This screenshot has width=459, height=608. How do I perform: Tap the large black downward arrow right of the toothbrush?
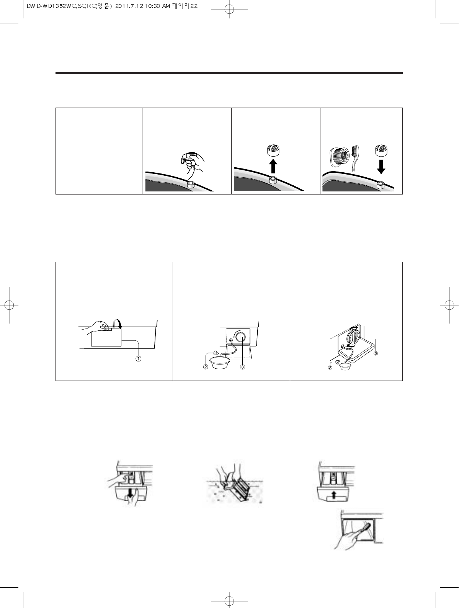click(x=381, y=166)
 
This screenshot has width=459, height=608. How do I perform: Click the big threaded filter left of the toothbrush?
click(x=340, y=157)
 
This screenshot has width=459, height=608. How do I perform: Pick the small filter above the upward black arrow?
click(x=273, y=150)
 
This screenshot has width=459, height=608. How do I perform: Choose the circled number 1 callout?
click(x=138, y=359)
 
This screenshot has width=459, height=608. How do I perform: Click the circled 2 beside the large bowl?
click(x=206, y=367)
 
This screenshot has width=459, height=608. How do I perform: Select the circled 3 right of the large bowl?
click(x=242, y=367)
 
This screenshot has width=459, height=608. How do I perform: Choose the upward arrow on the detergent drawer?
click(x=334, y=495)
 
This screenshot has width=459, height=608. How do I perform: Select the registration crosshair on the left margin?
click(x=9, y=305)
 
